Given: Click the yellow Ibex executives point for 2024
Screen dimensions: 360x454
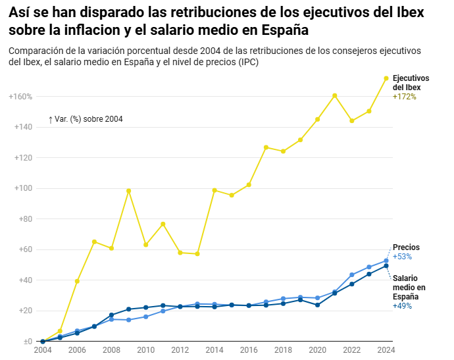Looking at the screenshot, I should [386, 78].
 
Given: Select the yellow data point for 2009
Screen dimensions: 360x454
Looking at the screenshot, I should [129, 191].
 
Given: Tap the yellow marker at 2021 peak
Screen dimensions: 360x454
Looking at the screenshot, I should [335, 95].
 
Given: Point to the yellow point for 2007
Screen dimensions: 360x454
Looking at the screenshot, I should [94, 242].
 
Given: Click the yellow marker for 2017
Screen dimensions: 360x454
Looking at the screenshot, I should [266, 147].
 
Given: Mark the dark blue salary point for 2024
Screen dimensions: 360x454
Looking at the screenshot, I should [386, 266].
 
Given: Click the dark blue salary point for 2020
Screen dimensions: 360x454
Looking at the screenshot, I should [318, 305].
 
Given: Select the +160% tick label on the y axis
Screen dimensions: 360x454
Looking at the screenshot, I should [20, 97].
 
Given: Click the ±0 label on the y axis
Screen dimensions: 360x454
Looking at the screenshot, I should [26, 342].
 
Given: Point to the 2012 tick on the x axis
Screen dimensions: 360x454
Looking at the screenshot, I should [180, 350].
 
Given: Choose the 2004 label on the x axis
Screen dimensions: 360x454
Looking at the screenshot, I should [43, 350].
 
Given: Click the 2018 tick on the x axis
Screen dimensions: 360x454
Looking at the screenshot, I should [283, 350].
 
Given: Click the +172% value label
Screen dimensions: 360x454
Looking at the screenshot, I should [404, 97].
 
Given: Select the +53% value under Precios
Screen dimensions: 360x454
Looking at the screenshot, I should [402, 257].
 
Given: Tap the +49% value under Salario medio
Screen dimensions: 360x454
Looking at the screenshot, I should [402, 306].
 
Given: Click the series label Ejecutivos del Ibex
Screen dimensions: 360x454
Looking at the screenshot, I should [411, 83].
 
